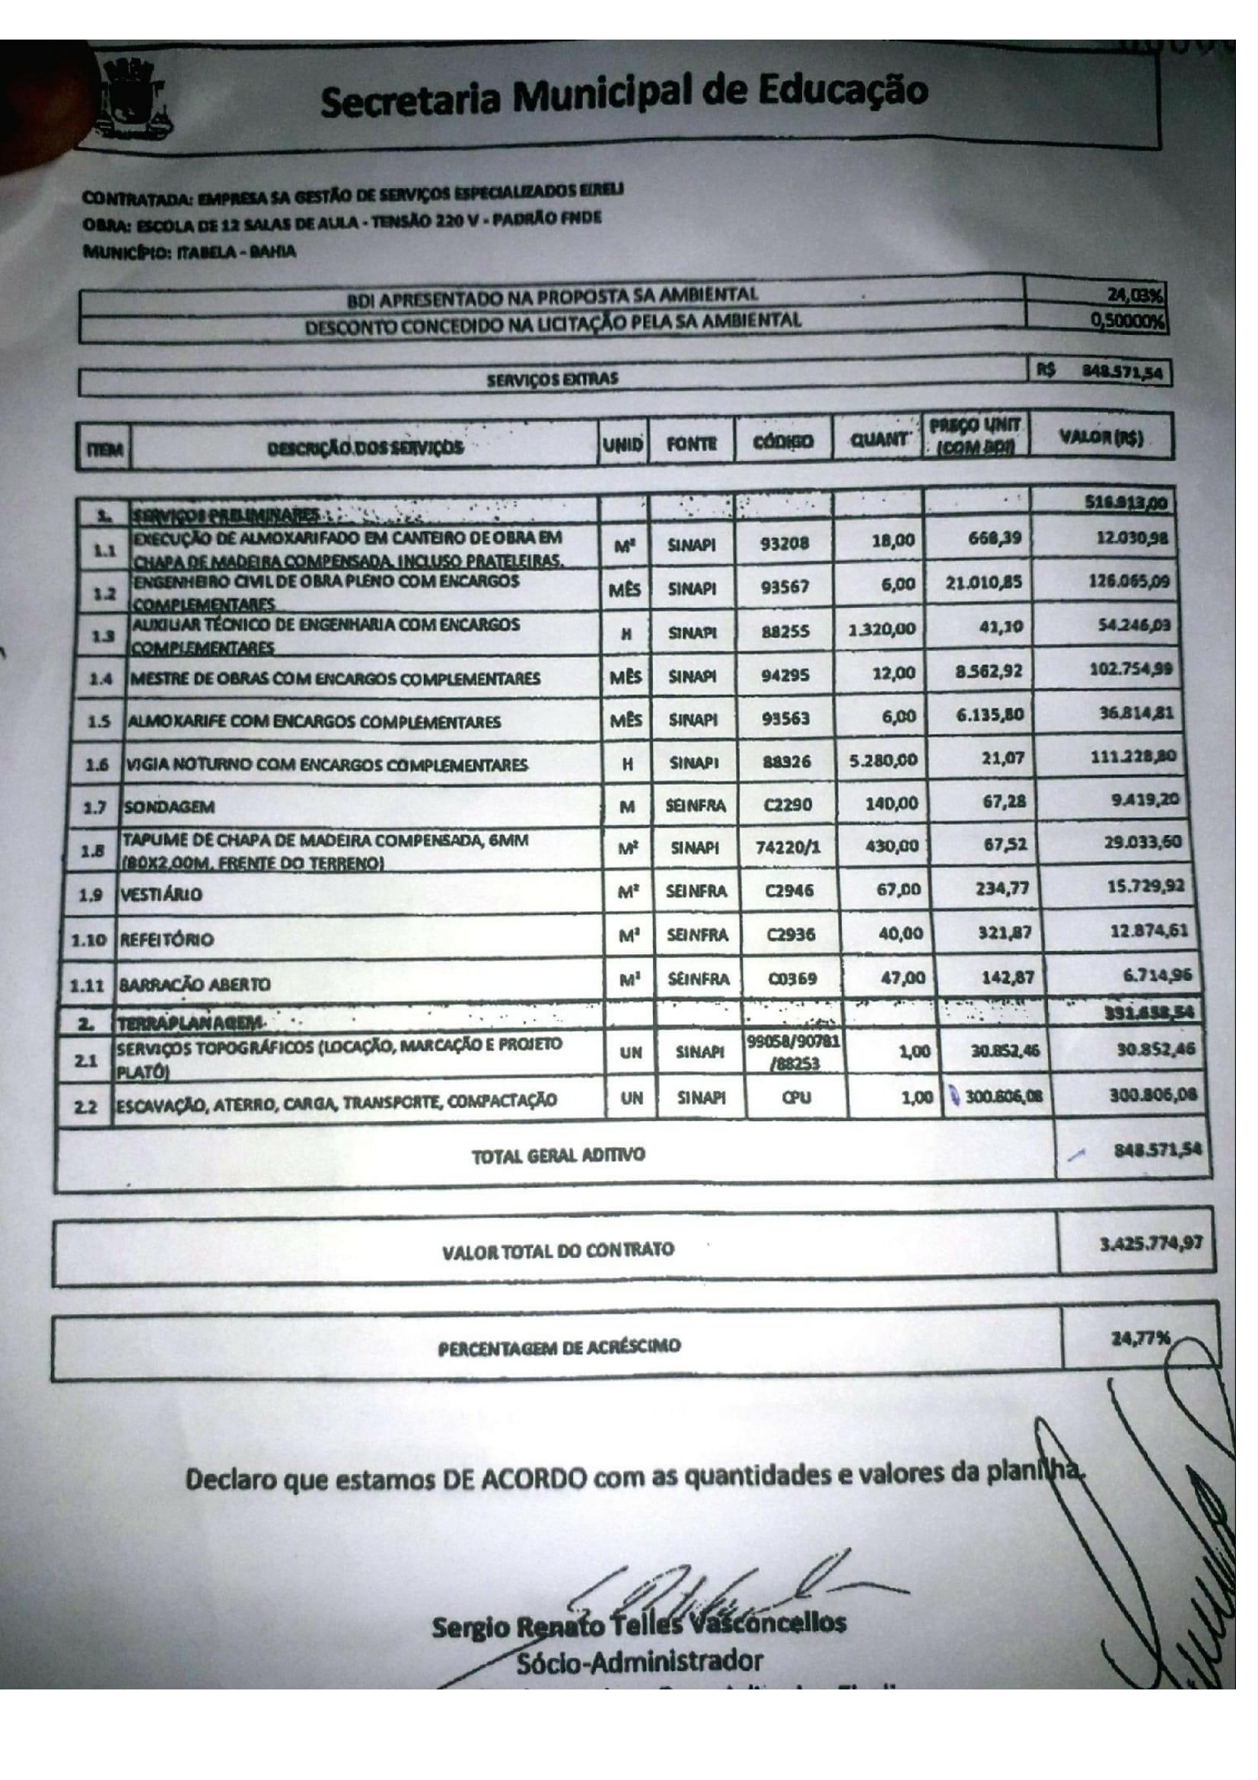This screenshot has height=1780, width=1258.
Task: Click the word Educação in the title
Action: coord(842,91)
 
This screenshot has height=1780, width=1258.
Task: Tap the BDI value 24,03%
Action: coord(1139,295)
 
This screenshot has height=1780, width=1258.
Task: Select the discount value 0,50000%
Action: coord(1130,320)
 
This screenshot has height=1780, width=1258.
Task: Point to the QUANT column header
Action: coord(878,440)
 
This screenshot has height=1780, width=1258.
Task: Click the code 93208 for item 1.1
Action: coord(785,543)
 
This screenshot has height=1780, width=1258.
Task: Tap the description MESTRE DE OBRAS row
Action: coord(335,679)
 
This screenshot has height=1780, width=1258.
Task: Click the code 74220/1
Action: coord(788,847)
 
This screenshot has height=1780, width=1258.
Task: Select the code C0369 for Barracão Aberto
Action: coord(792,979)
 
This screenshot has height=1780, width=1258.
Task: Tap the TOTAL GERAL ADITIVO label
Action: coord(558,1156)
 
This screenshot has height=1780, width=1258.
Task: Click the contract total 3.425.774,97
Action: coord(1151,1243)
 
